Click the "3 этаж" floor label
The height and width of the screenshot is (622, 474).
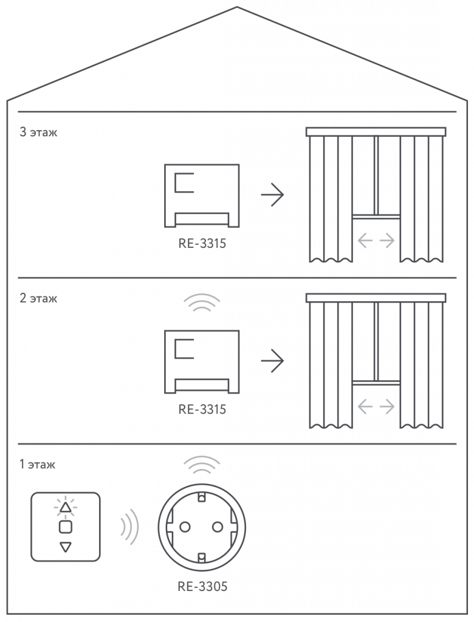click(38, 132)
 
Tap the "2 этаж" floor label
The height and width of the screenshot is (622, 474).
click(38, 299)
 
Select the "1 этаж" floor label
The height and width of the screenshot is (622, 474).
click(37, 465)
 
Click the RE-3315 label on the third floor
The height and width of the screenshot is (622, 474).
click(202, 244)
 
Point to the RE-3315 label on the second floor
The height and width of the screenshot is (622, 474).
click(202, 409)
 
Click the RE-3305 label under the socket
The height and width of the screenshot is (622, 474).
click(202, 586)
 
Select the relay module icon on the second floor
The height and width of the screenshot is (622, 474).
click(202, 361)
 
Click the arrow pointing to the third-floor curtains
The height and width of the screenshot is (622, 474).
click(272, 195)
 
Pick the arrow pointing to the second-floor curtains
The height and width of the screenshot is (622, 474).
click(272, 361)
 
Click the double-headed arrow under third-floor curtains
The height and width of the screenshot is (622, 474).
click(376, 241)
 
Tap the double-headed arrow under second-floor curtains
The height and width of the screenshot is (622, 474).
click(376, 406)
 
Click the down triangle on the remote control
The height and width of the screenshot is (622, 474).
click(66, 547)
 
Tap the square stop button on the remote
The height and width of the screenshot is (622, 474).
click(66, 526)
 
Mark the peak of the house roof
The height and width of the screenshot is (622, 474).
click(236, 7)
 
